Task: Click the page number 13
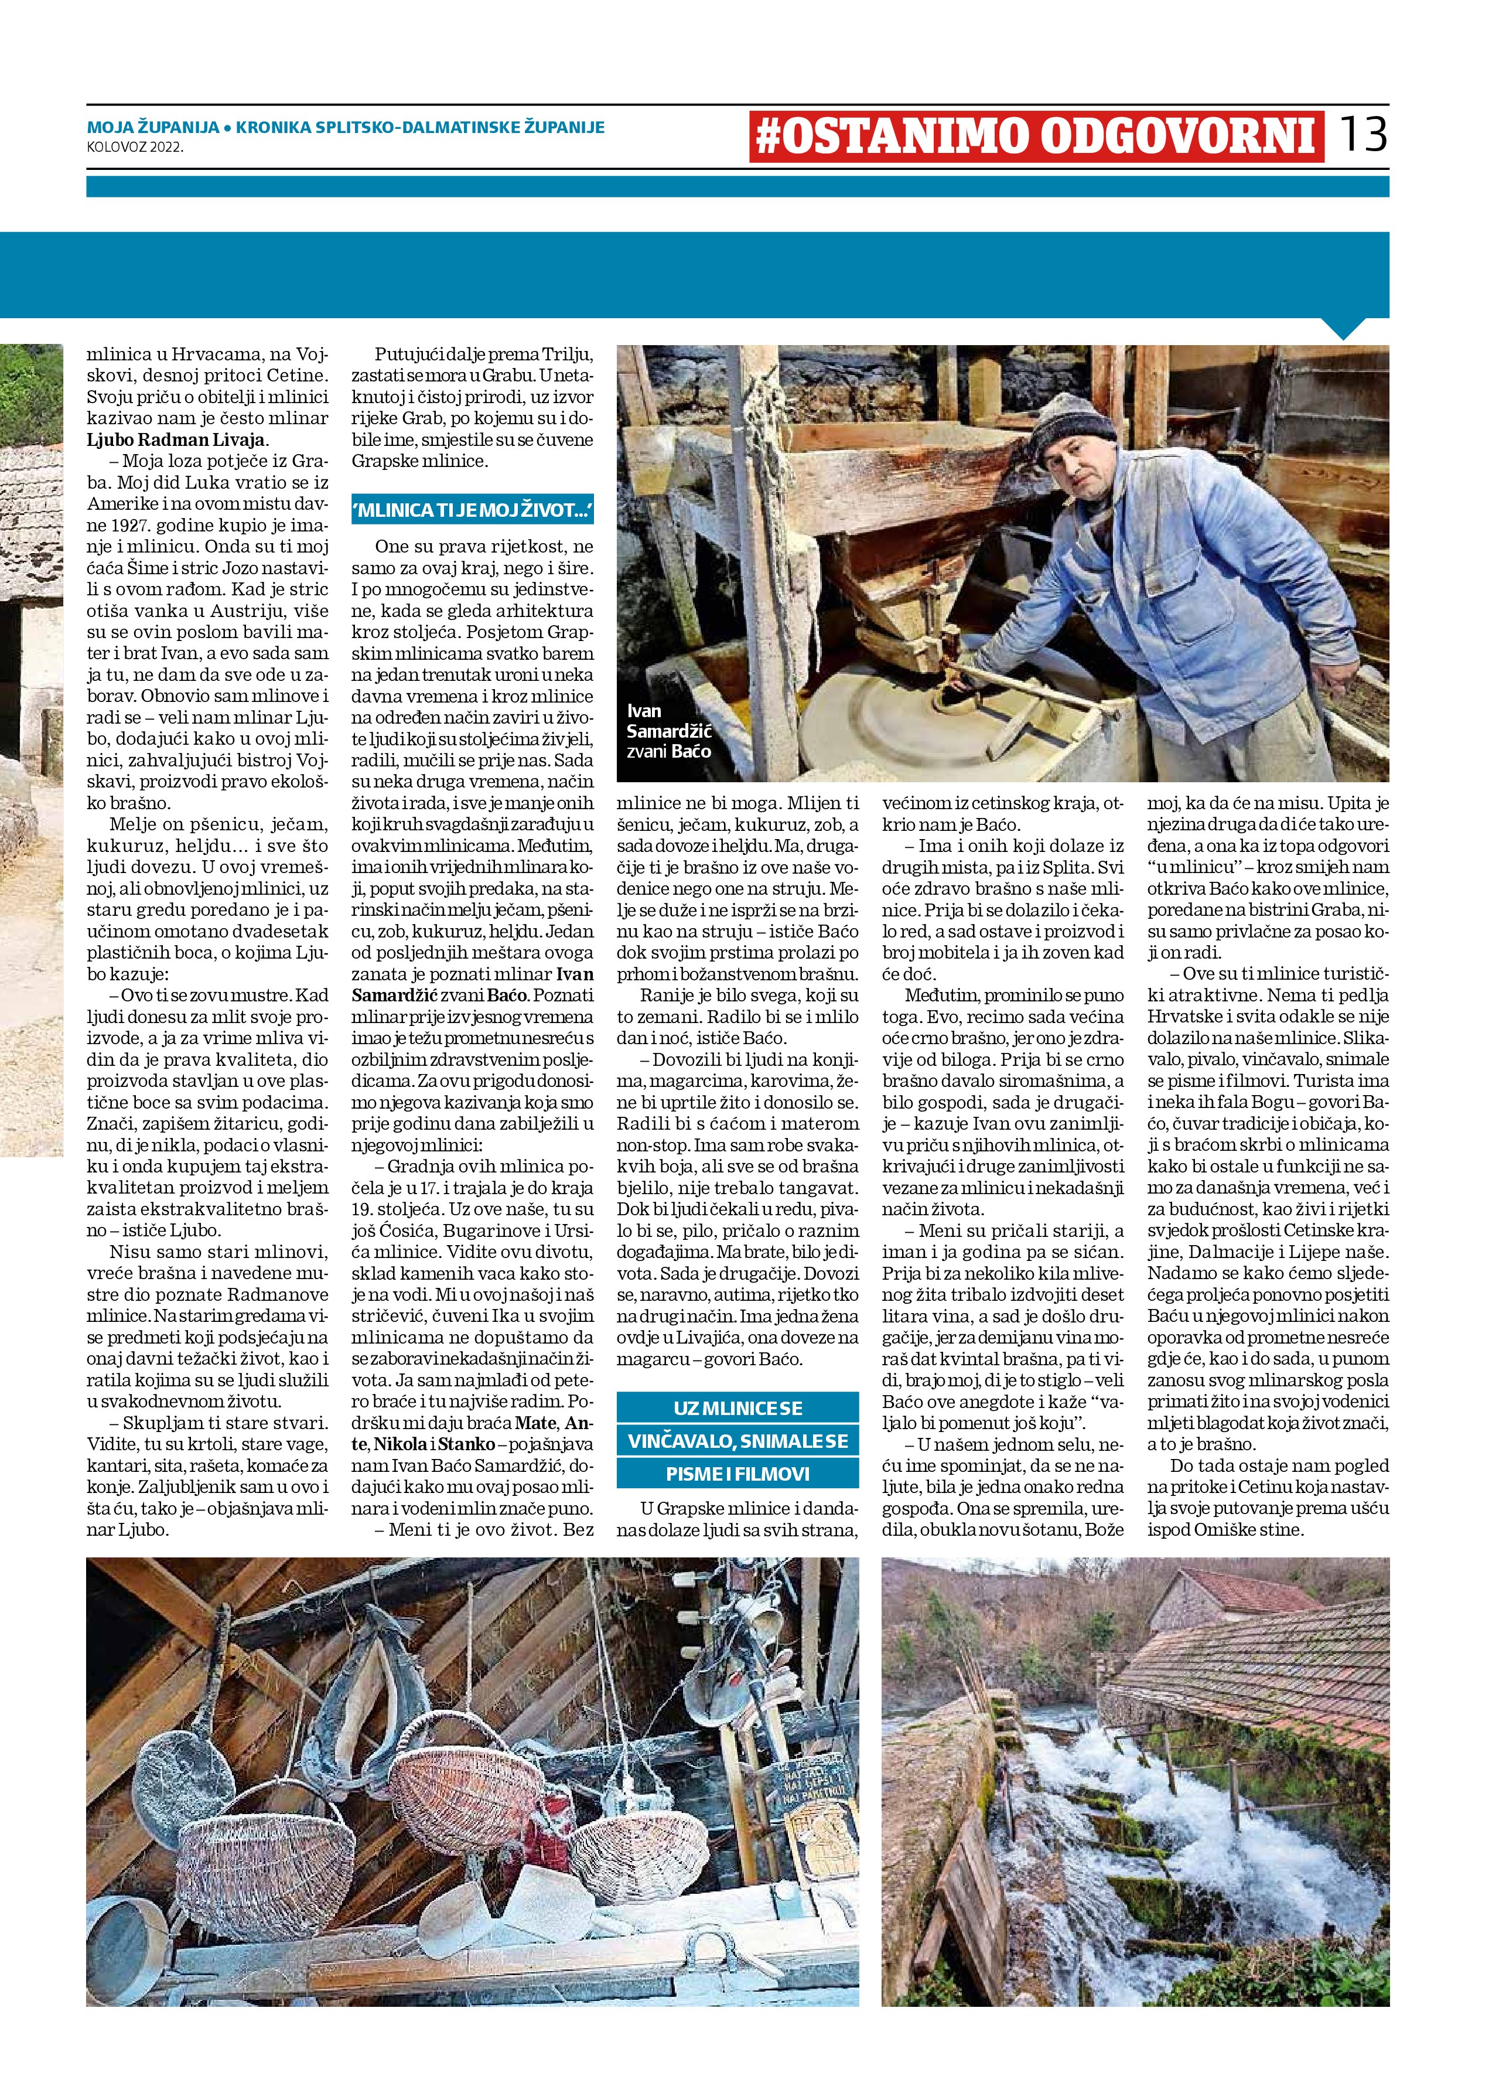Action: click(1363, 135)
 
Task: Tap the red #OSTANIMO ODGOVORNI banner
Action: click(1036, 137)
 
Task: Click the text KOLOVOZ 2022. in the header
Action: click(135, 145)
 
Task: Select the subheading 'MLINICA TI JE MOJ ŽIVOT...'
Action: click(472, 510)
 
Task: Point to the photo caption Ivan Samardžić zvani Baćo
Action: click(668, 731)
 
